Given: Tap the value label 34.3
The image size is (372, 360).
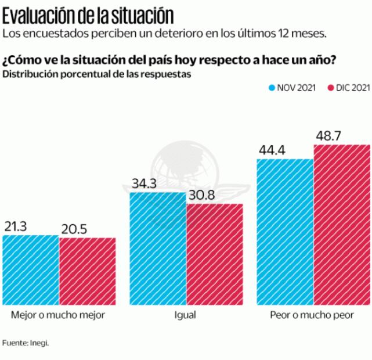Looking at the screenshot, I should click(x=143, y=183).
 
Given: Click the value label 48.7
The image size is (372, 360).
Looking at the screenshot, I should click(x=327, y=136).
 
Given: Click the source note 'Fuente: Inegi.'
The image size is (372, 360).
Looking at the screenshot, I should click(x=26, y=343).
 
